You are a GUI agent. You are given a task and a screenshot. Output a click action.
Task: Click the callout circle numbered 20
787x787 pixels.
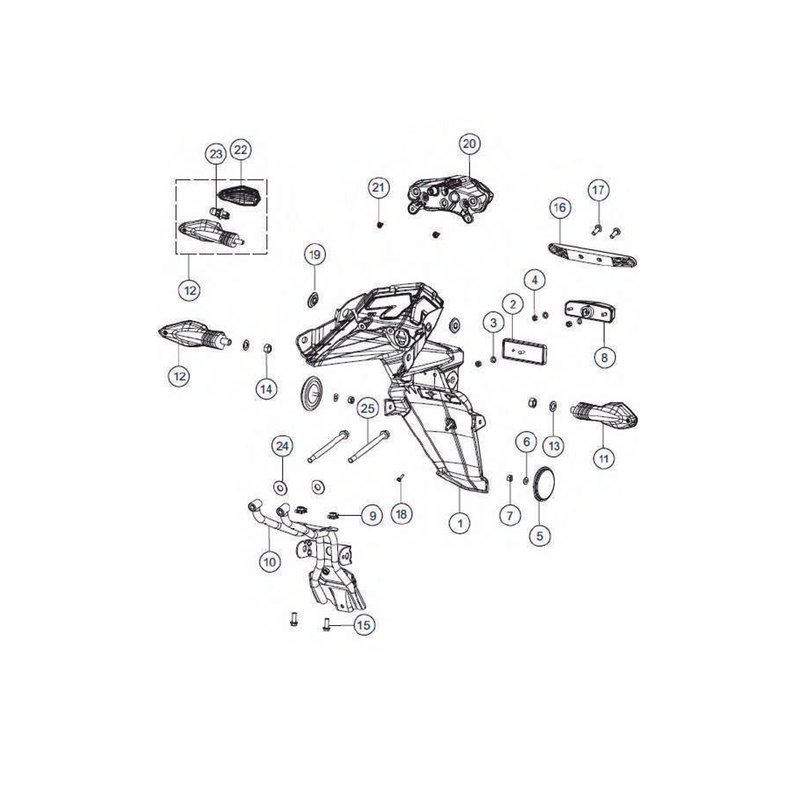[x=469, y=144]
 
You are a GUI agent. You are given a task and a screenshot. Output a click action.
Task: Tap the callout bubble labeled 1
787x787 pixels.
[x=460, y=523]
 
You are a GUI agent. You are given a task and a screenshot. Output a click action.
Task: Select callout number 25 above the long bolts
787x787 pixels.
[x=368, y=409]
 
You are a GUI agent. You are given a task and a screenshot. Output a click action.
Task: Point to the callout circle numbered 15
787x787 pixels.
[x=364, y=625]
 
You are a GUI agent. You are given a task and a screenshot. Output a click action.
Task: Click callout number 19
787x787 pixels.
[x=315, y=254]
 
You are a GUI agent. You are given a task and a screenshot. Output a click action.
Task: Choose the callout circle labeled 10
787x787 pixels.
[x=270, y=562]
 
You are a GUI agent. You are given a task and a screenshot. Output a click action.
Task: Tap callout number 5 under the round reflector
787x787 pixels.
[x=539, y=536]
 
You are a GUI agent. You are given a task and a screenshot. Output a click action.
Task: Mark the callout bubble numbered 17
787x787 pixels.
[x=598, y=190]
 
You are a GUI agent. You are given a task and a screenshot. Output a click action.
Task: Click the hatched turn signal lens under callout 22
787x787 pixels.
[x=240, y=195]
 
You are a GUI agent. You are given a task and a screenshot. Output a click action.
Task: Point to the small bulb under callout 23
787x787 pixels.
[x=219, y=214]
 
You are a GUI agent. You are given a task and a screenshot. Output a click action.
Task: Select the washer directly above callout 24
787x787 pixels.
[x=280, y=486]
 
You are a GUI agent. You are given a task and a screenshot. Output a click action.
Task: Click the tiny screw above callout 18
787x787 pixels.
[x=400, y=477]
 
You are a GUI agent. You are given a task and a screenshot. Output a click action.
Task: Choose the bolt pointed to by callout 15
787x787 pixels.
[x=326, y=624]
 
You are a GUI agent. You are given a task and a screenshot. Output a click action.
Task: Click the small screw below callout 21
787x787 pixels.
[x=380, y=224]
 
